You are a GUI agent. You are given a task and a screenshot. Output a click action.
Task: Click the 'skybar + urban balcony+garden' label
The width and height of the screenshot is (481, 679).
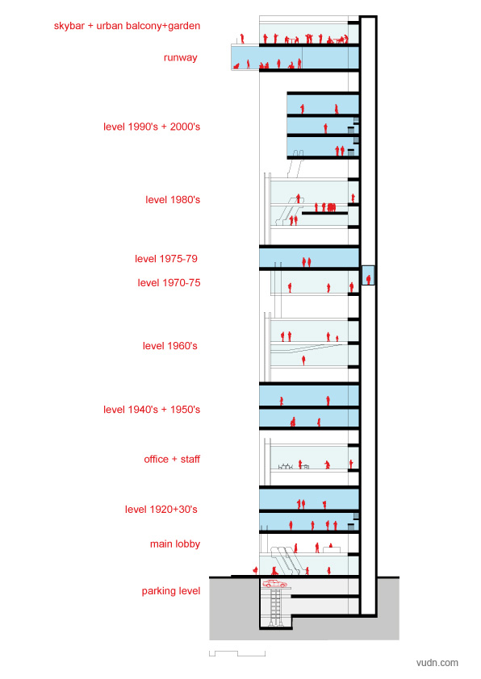[x=127, y=26]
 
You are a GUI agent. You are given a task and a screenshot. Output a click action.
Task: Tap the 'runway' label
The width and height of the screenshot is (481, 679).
[x=180, y=57]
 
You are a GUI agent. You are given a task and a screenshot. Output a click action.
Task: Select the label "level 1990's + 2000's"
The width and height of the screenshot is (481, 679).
[x=152, y=127]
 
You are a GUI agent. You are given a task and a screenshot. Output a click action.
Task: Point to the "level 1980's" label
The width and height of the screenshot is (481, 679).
[x=173, y=200]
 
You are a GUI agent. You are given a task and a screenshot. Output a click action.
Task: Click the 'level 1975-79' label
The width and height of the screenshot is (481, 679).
[x=166, y=259]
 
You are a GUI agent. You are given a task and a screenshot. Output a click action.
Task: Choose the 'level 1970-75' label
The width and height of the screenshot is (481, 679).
[x=169, y=283]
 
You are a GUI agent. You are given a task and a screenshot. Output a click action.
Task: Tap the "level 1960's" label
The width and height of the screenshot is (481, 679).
[x=169, y=346]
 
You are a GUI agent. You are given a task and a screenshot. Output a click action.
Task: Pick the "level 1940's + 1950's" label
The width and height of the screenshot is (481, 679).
[x=152, y=410]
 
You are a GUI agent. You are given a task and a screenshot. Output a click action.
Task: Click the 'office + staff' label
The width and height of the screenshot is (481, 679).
[x=172, y=459]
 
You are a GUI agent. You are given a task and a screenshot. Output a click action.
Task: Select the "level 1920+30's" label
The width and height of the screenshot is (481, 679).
[x=161, y=510]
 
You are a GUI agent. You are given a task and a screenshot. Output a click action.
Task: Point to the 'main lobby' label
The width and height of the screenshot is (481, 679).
[x=175, y=544]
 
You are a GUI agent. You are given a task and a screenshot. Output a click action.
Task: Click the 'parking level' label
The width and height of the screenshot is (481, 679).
[x=171, y=591]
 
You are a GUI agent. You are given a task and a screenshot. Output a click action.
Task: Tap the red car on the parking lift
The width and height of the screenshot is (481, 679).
[x=274, y=583]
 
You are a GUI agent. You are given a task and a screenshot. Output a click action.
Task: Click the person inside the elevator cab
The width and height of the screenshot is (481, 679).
[x=368, y=279]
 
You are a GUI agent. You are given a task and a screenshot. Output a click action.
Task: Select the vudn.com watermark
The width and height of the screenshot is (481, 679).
[x=437, y=663]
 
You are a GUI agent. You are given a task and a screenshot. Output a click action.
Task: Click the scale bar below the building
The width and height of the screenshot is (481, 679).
[x=237, y=653]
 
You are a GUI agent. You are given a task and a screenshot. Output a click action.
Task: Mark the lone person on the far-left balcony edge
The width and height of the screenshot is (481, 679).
[x=242, y=39]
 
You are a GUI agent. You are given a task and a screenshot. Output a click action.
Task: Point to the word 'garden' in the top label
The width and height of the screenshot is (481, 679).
[x=184, y=26]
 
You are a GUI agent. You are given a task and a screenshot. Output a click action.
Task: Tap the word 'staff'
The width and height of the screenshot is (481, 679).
[x=190, y=459]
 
